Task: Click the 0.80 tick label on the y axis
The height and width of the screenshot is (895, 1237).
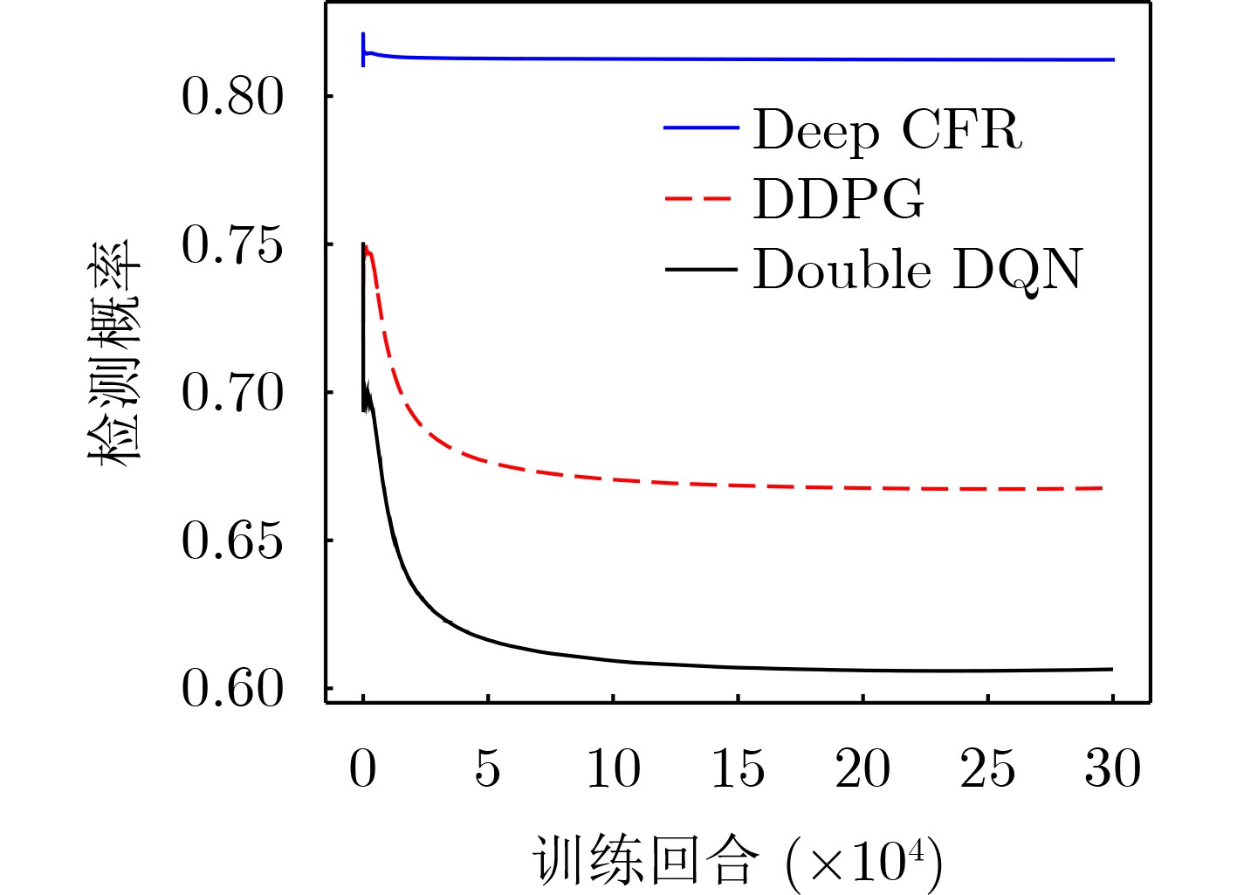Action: point(232,96)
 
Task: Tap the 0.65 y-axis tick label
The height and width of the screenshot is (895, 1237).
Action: point(232,541)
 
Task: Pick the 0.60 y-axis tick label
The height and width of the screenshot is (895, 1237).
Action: point(232,689)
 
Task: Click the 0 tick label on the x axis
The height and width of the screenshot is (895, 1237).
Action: point(363,769)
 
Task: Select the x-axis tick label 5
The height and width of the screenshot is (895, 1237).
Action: point(488,769)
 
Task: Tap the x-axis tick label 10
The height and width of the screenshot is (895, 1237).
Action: point(613,769)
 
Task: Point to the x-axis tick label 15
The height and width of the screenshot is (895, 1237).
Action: point(738,769)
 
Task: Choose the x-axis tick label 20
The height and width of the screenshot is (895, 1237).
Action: point(862,769)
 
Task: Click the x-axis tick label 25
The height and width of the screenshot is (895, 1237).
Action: point(987,769)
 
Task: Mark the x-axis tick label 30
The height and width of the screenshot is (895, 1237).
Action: point(1112,769)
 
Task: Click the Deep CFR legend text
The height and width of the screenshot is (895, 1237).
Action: point(887,131)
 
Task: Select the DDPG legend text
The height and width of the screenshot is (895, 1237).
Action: point(838,199)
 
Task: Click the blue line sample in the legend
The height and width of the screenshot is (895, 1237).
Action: point(701,128)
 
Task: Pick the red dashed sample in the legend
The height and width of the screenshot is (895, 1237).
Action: point(701,198)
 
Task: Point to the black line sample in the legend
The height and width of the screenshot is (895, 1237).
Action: point(701,268)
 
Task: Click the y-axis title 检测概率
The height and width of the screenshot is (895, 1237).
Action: point(114,354)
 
